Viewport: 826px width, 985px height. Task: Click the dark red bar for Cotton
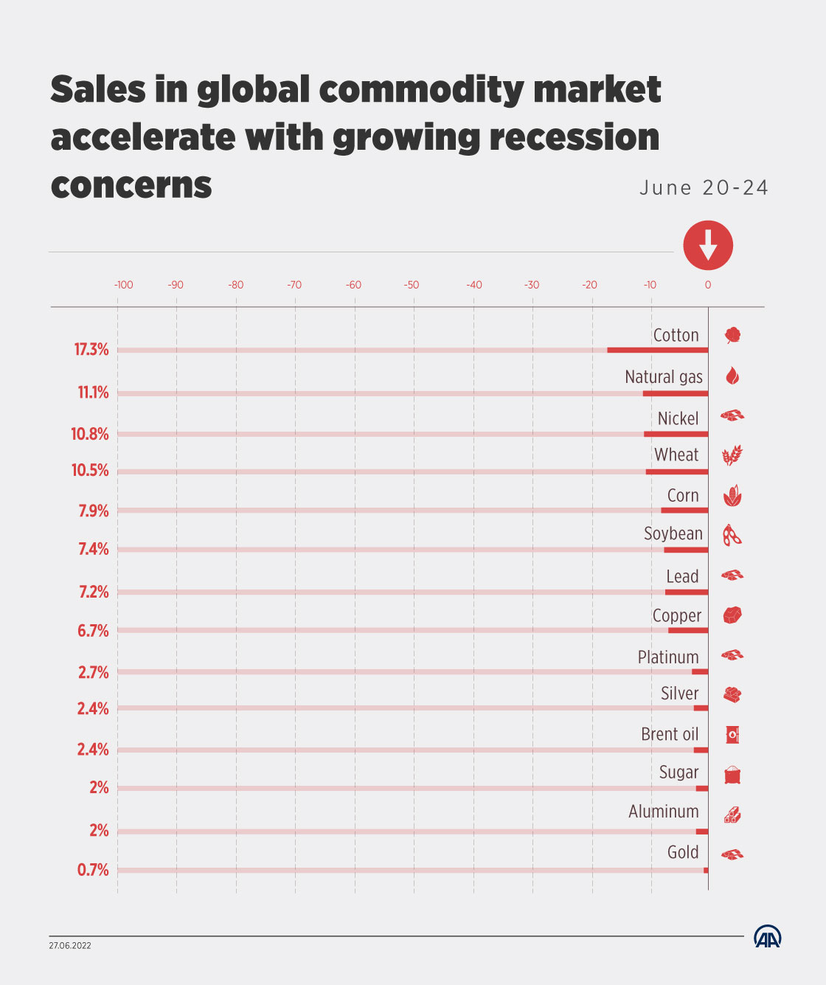tap(657, 350)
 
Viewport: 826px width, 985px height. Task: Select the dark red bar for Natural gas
tap(675, 393)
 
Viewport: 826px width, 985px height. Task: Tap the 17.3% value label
tap(91, 350)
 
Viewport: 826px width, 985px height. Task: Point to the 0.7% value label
tap(93, 870)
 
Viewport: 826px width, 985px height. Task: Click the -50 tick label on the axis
tap(411, 285)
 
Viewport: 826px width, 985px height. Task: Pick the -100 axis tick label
tap(123, 285)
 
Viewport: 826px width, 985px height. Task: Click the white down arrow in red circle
tap(708, 245)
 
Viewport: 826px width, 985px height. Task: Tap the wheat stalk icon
tap(732, 455)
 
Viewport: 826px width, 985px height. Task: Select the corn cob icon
tap(732, 496)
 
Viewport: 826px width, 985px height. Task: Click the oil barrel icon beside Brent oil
tap(732, 734)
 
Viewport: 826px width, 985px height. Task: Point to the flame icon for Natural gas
tap(732, 376)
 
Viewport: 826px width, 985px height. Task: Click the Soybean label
tap(673, 533)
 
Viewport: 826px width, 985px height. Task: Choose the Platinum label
tap(668, 657)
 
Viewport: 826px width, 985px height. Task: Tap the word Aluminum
tap(663, 812)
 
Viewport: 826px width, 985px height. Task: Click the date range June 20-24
tap(704, 187)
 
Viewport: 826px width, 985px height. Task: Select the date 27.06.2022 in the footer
tap(70, 946)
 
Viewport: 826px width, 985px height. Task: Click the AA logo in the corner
tap(767, 936)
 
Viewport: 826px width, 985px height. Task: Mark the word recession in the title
tap(575, 137)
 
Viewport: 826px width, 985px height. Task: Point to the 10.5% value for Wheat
tap(90, 470)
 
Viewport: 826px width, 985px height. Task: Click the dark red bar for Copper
tap(688, 630)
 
